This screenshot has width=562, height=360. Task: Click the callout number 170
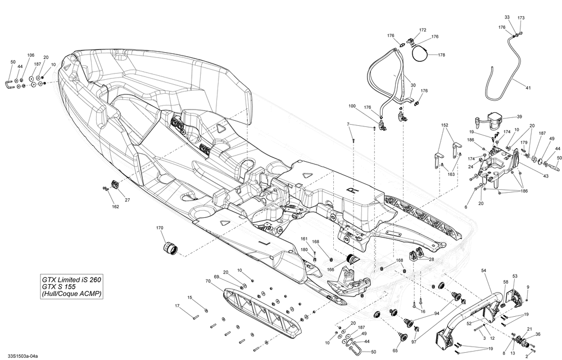[160, 229]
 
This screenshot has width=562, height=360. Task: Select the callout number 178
[442, 55]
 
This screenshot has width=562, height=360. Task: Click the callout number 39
[519, 117]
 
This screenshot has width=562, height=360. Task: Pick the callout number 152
[445, 125]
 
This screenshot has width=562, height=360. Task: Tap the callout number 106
[30, 55]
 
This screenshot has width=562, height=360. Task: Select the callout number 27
[127, 200]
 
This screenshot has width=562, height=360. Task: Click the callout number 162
[116, 207]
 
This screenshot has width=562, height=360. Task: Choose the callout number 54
[483, 271]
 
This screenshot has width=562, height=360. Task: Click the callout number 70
[208, 281]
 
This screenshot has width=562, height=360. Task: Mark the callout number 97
[414, 341]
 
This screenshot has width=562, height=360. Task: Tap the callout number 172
[423, 30]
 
